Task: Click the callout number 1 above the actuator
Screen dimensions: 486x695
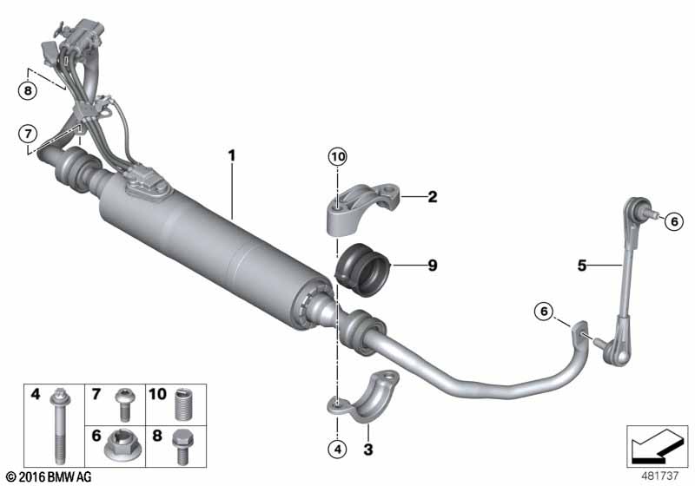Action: [232, 156]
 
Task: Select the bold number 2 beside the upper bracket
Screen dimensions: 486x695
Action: [432, 197]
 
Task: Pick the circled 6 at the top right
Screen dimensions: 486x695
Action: [673, 222]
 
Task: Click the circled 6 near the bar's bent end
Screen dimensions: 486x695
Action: [545, 312]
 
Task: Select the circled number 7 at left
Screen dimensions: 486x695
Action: [29, 134]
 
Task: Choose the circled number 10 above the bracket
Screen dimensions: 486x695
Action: [337, 157]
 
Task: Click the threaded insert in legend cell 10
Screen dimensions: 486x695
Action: [182, 403]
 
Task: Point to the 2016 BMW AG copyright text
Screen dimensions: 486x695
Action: [48, 476]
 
